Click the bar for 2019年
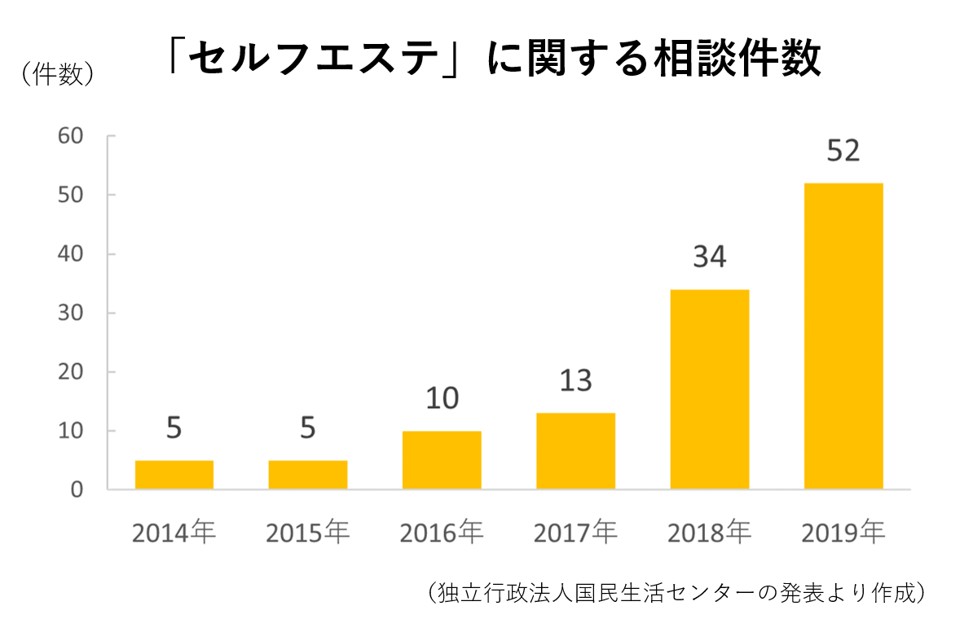843,336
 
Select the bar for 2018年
709,389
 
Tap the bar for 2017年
575,451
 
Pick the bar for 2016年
442,460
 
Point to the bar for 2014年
174,475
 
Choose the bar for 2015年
308,475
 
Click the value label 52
843,151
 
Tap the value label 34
709,257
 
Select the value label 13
575,381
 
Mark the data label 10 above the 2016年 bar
442,399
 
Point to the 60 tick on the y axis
71,136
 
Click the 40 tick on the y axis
71,254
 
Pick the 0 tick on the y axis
78,490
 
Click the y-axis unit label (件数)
56,74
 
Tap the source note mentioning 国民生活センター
675,592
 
